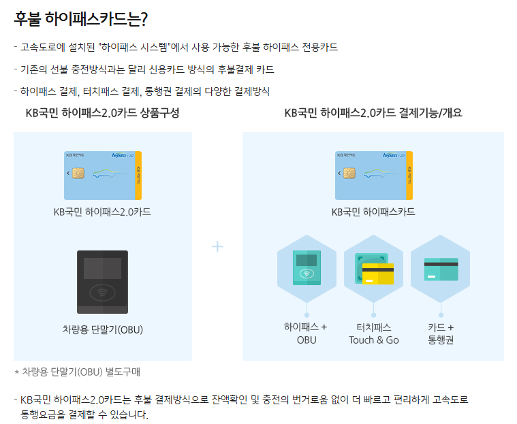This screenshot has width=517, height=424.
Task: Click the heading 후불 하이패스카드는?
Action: [81, 19]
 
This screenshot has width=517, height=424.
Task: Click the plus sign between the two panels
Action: [217, 246]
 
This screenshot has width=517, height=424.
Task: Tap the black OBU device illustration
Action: [103, 282]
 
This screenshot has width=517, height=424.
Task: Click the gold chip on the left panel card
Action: [78, 173]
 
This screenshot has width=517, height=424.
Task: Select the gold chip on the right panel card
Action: [349, 173]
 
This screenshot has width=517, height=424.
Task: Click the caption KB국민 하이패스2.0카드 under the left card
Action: [102, 212]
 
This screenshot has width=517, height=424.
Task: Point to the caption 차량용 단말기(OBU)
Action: [103, 329]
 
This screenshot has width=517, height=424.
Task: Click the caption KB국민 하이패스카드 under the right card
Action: [373, 212]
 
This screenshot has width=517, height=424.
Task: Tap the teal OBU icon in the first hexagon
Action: [307, 267]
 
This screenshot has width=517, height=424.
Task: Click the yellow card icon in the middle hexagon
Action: [378, 274]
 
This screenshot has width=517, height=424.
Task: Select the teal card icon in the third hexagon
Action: [441, 270]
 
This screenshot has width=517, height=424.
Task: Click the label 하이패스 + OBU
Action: [307, 333]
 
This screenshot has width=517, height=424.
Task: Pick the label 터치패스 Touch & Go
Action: [374, 333]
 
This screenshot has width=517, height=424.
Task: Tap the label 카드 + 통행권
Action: [441, 333]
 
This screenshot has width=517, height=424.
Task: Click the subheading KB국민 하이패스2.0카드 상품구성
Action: [103, 113]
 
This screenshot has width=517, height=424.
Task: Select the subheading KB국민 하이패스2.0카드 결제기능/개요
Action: [373, 113]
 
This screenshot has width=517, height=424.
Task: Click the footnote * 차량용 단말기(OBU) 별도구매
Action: [78, 372]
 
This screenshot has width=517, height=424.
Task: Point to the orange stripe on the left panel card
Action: [138, 176]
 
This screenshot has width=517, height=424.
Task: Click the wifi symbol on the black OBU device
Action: [103, 292]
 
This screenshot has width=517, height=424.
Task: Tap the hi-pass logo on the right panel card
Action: [390, 155]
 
